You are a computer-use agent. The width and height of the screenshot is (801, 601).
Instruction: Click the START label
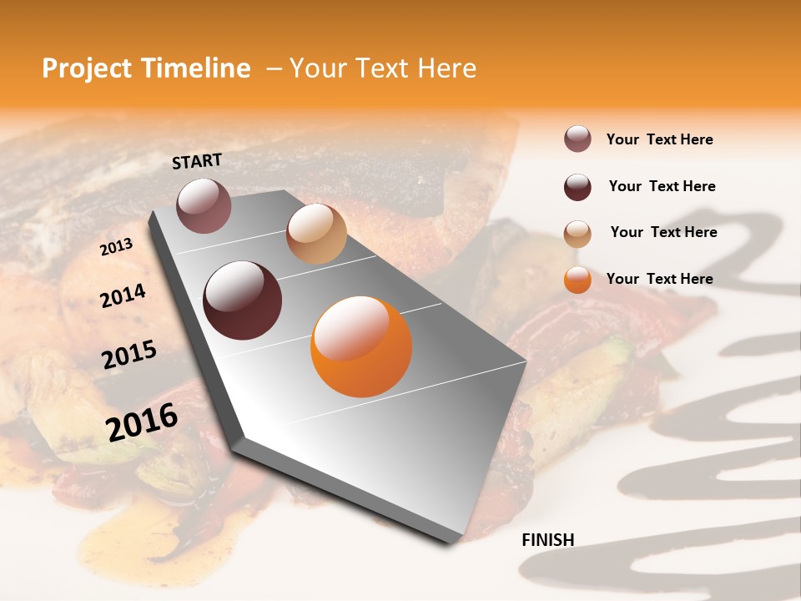[197, 161]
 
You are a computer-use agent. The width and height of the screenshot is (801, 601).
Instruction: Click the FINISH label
[547, 540]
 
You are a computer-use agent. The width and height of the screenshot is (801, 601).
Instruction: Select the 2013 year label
[116, 246]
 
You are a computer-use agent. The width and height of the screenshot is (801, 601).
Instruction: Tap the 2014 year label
[123, 295]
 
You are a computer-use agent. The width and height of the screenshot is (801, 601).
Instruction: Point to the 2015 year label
[129, 355]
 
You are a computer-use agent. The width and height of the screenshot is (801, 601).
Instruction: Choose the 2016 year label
[142, 422]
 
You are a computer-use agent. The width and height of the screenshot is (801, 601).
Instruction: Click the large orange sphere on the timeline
[361, 346]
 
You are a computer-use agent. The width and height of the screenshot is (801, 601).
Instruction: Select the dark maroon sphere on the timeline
[242, 300]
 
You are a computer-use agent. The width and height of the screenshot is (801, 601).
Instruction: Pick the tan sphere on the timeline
[316, 234]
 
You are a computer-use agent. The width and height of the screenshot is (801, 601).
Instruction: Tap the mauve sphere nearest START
[204, 205]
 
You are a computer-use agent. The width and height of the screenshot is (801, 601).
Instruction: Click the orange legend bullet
[577, 280]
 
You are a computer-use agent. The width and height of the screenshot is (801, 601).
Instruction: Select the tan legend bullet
[577, 233]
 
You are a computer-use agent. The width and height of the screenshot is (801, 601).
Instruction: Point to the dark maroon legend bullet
[577, 187]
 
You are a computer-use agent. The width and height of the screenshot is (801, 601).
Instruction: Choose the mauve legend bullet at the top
[577, 139]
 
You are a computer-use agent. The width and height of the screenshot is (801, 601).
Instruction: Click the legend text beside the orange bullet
[659, 279]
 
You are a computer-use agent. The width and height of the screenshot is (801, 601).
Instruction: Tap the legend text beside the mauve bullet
[659, 139]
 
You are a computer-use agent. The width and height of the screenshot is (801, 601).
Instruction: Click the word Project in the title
[86, 68]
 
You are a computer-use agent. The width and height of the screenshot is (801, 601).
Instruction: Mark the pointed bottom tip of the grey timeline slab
[451, 543]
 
